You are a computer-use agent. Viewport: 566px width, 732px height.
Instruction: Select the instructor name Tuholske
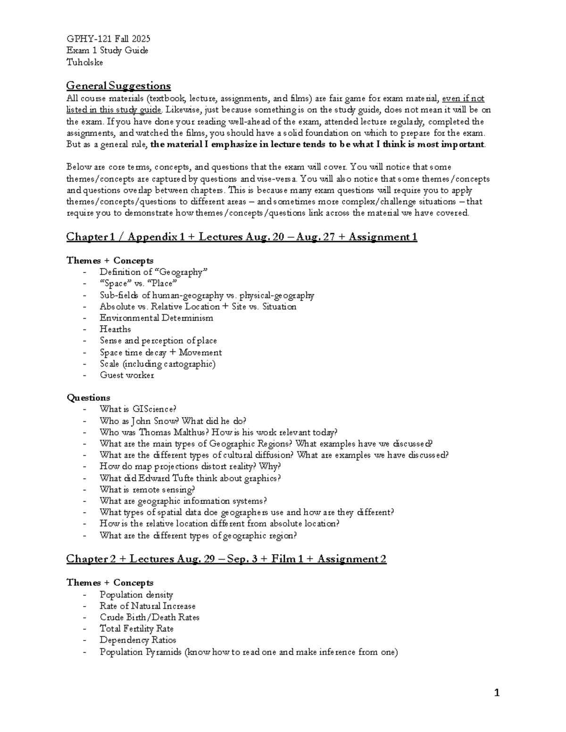pos(84,62)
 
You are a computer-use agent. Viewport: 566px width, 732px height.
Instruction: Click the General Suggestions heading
pos(118,86)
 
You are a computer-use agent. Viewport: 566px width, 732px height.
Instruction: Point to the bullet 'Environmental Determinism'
pos(156,318)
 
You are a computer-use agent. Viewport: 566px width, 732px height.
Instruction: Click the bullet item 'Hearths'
pos(115,329)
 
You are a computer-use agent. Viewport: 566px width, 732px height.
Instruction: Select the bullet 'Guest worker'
pos(126,375)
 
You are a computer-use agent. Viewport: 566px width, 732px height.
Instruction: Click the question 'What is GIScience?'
pos(138,409)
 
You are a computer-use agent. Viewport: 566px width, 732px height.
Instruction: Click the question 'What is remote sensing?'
pos(147,489)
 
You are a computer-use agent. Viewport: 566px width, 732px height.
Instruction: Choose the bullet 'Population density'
pos(136,594)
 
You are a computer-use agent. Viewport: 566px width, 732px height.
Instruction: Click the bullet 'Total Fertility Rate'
pos(136,629)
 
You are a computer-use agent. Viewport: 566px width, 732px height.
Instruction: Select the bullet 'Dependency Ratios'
pos(138,640)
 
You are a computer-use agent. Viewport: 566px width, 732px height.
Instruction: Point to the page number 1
pos(496,692)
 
